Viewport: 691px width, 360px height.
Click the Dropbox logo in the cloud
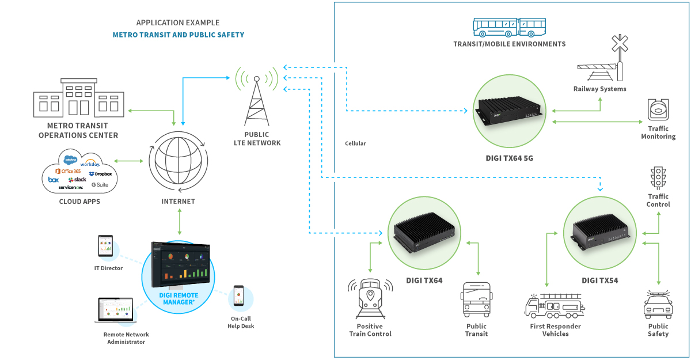click(100, 173)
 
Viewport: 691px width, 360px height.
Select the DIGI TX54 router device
click(600, 233)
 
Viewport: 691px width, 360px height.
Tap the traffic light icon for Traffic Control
click(658, 179)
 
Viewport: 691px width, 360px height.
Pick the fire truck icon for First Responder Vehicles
click(555, 306)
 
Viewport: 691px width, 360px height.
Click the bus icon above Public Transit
click(476, 300)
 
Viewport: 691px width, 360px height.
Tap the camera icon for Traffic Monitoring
click(658, 109)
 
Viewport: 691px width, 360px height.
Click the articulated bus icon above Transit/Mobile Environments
click(509, 26)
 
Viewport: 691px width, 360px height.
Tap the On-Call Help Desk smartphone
click(239, 296)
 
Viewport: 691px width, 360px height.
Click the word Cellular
click(355, 143)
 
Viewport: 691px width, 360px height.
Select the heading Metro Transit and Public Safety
click(178, 35)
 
